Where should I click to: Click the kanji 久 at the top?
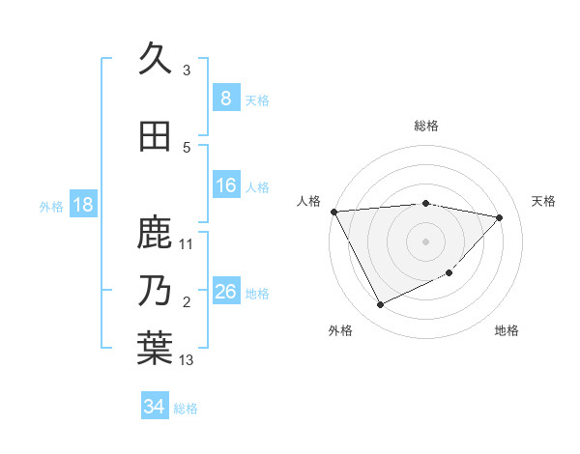pyautogui.click(x=155, y=60)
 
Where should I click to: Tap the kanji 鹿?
pyautogui.click(x=155, y=233)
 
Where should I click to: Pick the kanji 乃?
pyautogui.click(x=155, y=290)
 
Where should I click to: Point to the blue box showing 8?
pyautogui.click(x=225, y=98)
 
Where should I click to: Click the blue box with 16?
pyautogui.click(x=225, y=185)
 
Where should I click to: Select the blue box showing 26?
pyautogui.click(x=225, y=291)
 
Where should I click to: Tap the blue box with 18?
pyautogui.click(x=82, y=205)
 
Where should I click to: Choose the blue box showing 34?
pyautogui.click(x=154, y=407)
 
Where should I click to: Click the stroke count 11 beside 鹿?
pyautogui.click(x=188, y=244)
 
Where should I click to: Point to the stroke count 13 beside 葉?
pyautogui.click(x=188, y=360)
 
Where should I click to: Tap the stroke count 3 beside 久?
pyautogui.click(x=187, y=70)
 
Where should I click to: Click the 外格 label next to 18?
pyautogui.click(x=51, y=206)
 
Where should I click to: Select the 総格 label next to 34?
pyautogui.click(x=186, y=408)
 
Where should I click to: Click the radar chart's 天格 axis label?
pyautogui.click(x=543, y=201)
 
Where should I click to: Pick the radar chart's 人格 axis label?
pyautogui.click(x=308, y=201)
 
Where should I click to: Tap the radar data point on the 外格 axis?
pyautogui.click(x=380, y=305)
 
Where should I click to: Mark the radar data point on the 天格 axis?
pyautogui.click(x=500, y=217)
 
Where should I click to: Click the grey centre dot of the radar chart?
pyautogui.click(x=425, y=241)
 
